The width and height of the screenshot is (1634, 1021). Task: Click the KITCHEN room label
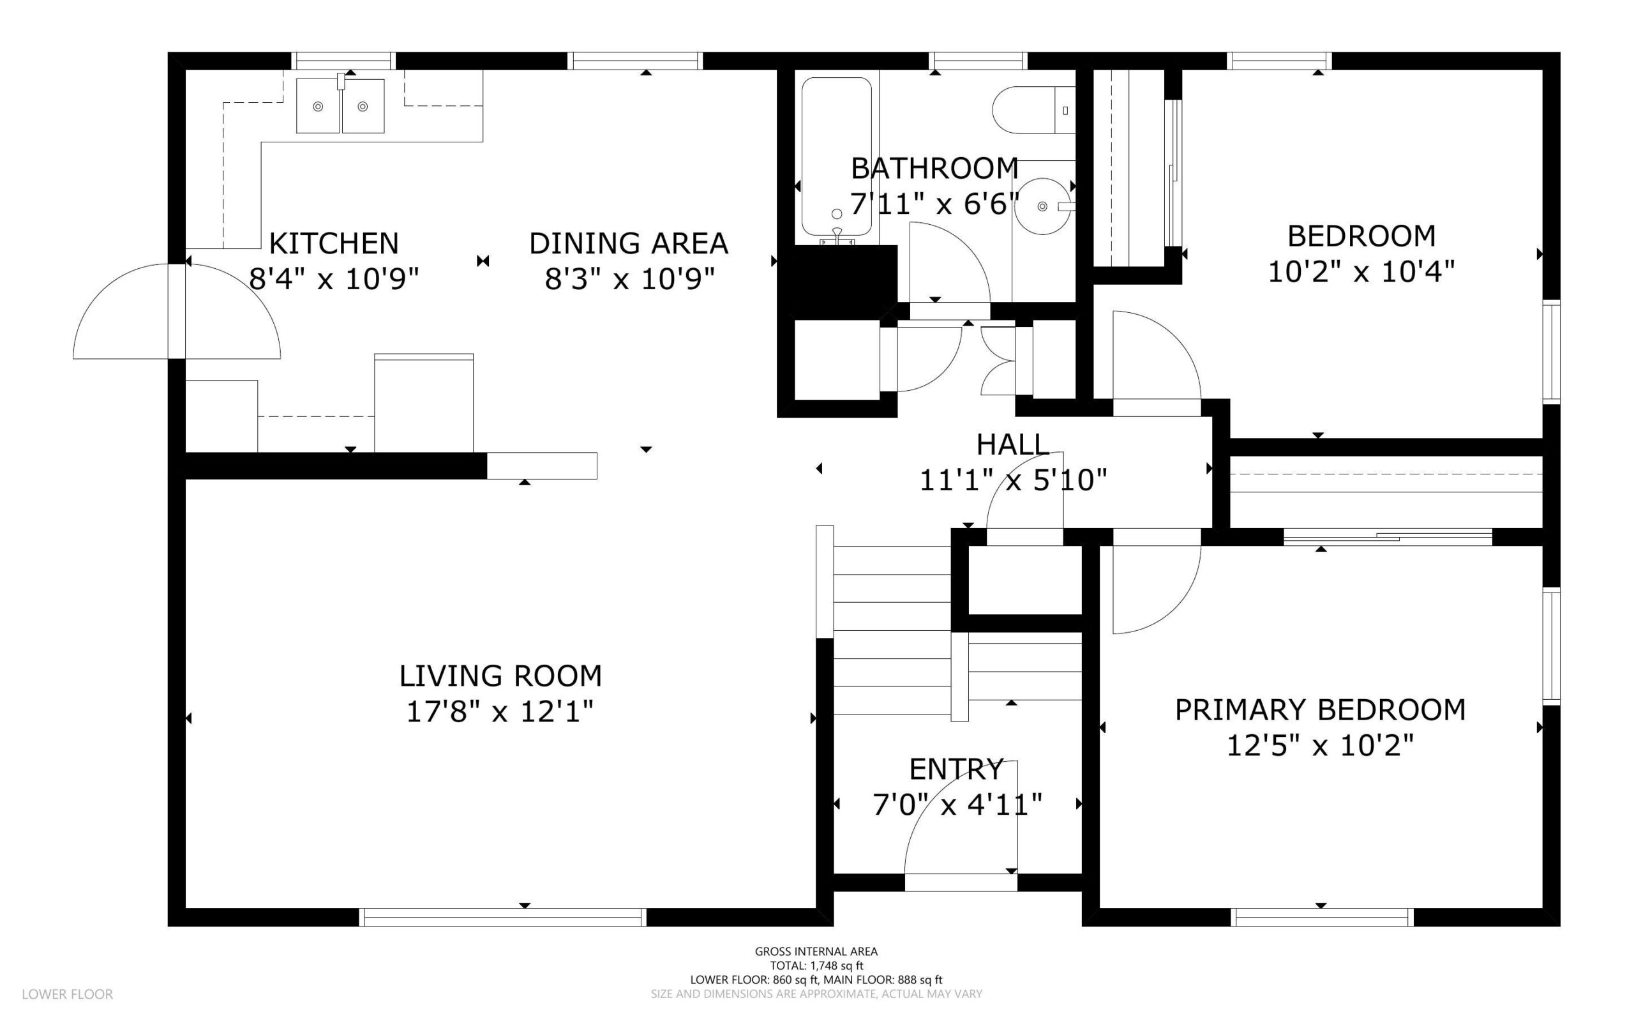click(333, 243)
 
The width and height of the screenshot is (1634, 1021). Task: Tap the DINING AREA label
click(628, 243)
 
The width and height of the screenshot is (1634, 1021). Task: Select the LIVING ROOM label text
click(500, 676)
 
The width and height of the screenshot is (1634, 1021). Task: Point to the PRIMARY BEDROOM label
click(1320, 709)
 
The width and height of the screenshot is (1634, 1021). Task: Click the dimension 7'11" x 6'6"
click(934, 202)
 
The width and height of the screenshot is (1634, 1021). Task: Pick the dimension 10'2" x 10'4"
click(1361, 271)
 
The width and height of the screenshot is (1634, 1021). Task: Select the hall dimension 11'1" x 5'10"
click(1013, 480)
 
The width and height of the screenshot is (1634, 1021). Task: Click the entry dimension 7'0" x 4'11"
click(957, 805)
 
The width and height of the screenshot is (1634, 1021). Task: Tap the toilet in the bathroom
click(1033, 110)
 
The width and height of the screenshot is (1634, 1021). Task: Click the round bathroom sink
click(1044, 206)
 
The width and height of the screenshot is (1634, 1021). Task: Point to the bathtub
click(836, 156)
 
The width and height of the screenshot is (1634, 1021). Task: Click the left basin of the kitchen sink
click(318, 106)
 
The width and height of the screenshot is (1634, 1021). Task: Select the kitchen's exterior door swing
click(177, 310)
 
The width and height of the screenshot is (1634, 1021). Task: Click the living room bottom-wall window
click(503, 917)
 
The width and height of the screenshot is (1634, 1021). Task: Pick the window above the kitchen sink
click(343, 61)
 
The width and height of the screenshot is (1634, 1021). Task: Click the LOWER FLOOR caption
click(68, 994)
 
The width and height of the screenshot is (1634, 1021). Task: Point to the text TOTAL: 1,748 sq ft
click(816, 965)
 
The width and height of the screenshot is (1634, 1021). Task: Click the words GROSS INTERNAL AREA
click(816, 951)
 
